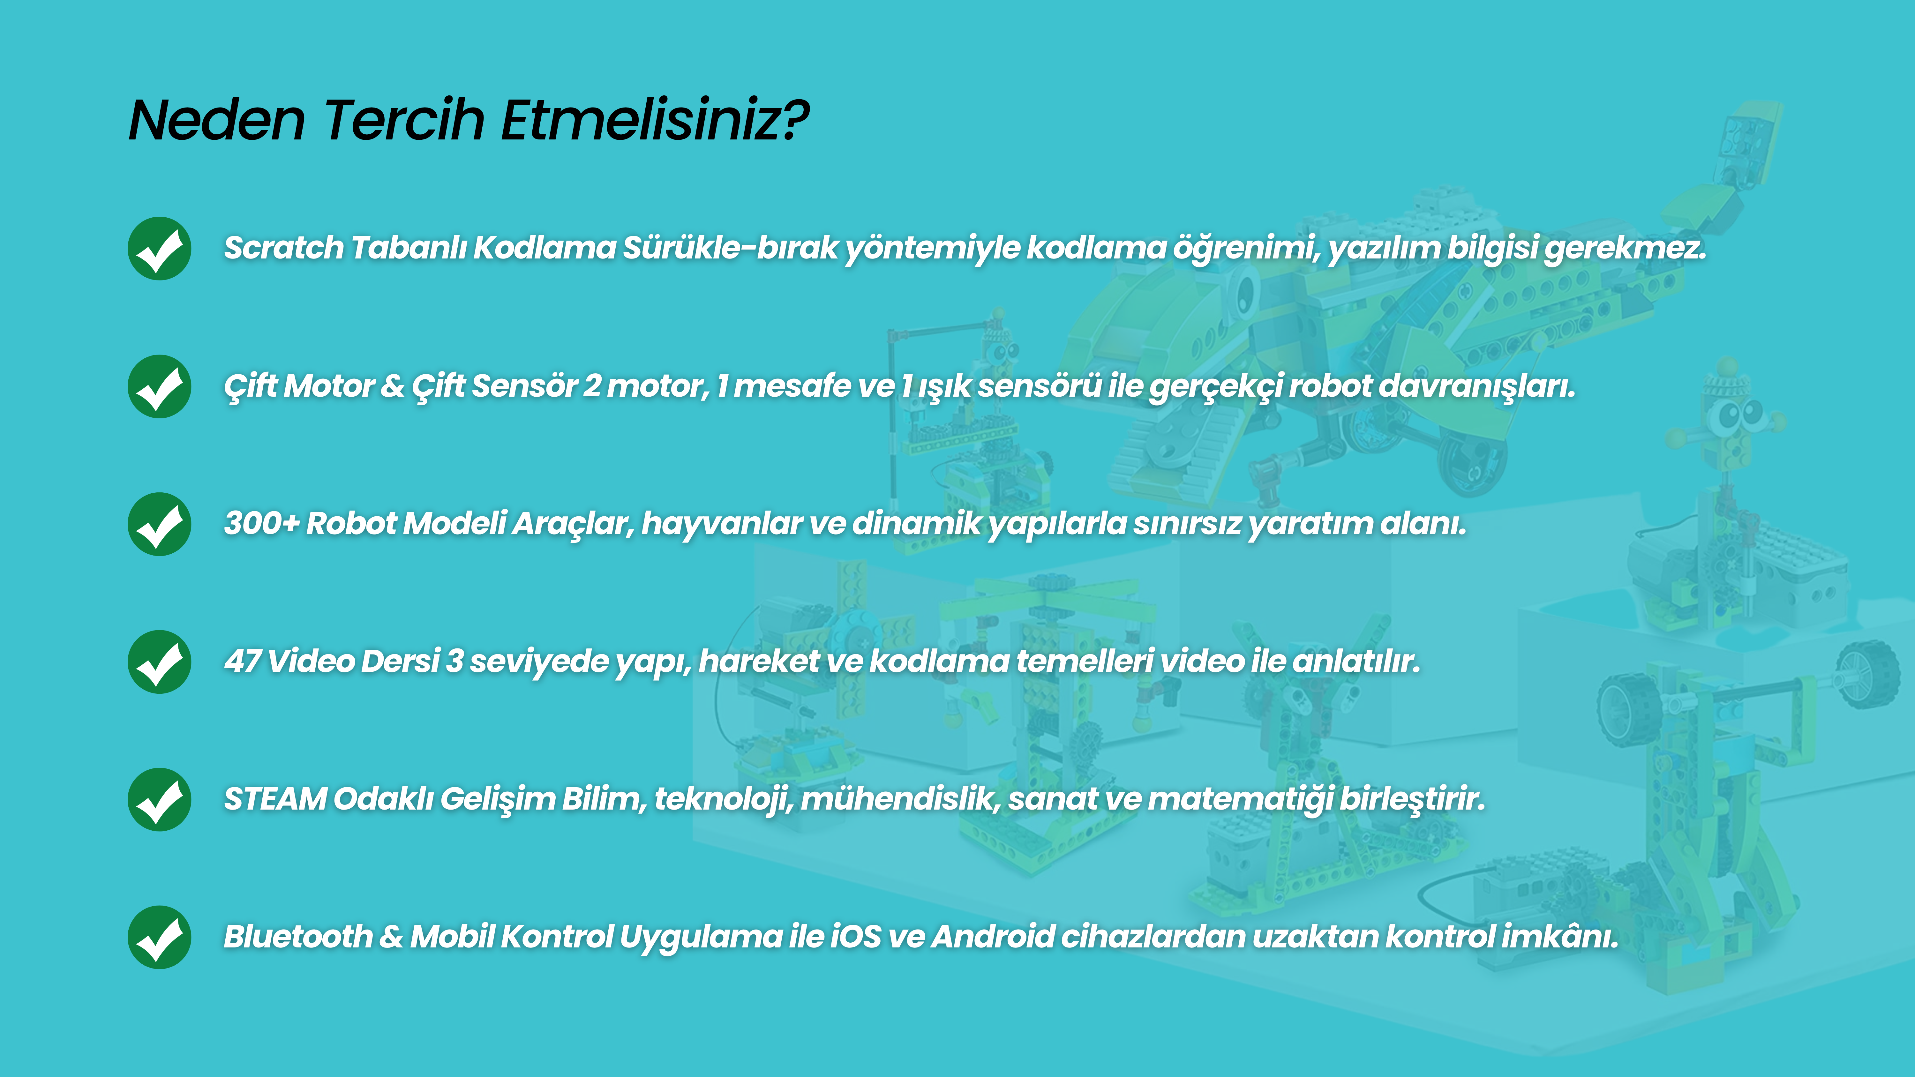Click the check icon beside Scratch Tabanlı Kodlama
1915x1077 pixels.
tap(159, 248)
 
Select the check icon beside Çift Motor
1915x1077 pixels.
tap(159, 386)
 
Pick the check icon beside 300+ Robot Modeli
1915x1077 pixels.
tap(159, 524)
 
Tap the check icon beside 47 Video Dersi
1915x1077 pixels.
tap(159, 662)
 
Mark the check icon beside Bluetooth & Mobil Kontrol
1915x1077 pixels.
tap(159, 937)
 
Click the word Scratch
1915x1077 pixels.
tap(284, 248)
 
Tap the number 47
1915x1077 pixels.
tap(242, 661)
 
